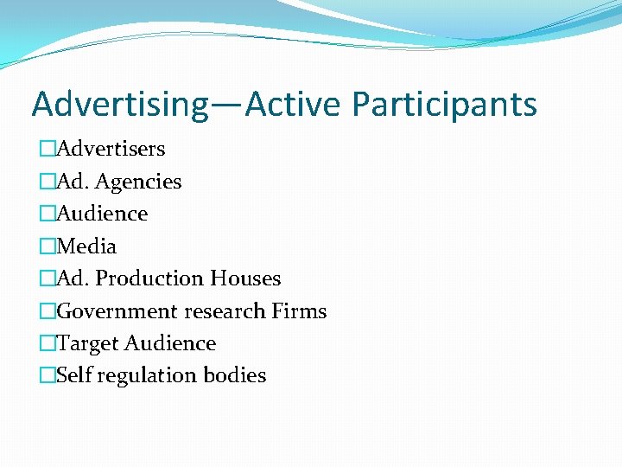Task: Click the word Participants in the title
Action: click(x=444, y=105)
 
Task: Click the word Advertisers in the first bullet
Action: click(x=111, y=149)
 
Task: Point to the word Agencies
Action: click(x=138, y=182)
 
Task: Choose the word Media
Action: click(x=86, y=246)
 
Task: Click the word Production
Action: click(x=149, y=278)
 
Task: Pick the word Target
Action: click(x=88, y=343)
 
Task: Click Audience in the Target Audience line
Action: click(x=170, y=343)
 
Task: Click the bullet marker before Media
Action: click(x=48, y=246)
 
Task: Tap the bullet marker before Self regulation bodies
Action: click(x=48, y=375)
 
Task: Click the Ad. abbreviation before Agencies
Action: click(x=73, y=182)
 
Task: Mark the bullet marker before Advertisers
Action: click(x=48, y=149)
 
